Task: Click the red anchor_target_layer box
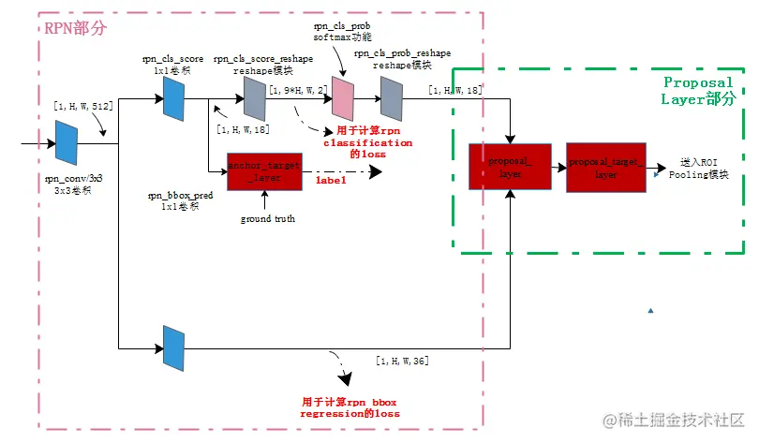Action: (x=264, y=170)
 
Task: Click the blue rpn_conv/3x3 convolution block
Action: (x=65, y=144)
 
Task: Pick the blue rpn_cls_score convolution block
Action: (x=172, y=98)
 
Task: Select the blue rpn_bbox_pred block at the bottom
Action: (x=172, y=347)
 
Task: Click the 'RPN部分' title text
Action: (x=75, y=27)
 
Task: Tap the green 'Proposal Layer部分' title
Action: (x=697, y=90)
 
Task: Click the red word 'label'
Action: (x=331, y=179)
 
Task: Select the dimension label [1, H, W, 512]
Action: (x=83, y=106)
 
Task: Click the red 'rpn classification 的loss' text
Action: (x=367, y=142)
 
